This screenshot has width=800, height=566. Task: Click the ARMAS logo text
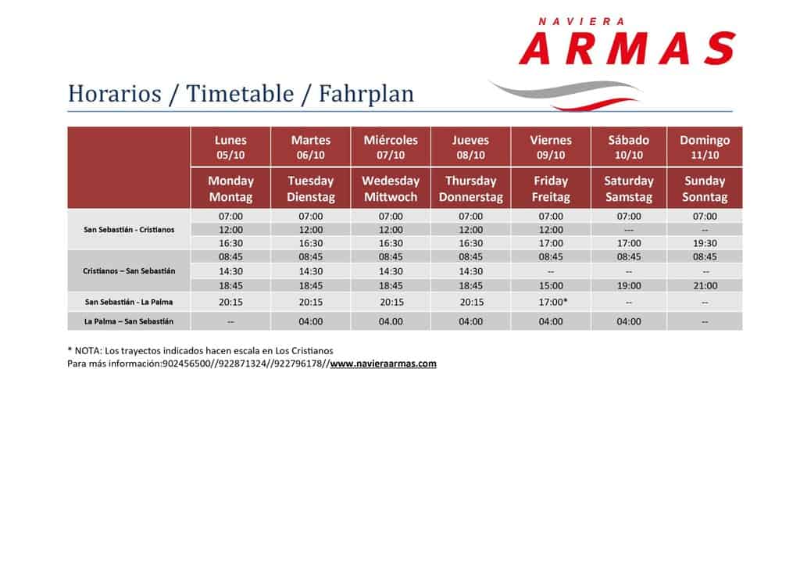pyautogui.click(x=627, y=48)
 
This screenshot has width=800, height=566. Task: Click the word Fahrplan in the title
pyautogui.click(x=366, y=94)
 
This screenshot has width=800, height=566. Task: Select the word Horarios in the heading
pyautogui.click(x=115, y=94)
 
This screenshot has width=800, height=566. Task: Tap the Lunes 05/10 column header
pyautogui.click(x=230, y=147)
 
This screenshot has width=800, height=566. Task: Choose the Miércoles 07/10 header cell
pyautogui.click(x=391, y=147)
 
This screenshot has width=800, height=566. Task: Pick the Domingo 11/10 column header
pyautogui.click(x=705, y=147)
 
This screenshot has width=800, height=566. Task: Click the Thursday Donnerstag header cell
pyautogui.click(x=471, y=188)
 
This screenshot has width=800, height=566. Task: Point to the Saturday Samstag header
pyautogui.click(x=629, y=188)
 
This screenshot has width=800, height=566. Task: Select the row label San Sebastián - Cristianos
pyautogui.click(x=129, y=230)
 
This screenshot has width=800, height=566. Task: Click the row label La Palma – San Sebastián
pyautogui.click(x=129, y=321)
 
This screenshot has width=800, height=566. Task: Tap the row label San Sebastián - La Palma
pyautogui.click(x=129, y=302)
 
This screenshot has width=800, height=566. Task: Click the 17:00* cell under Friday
pyautogui.click(x=553, y=302)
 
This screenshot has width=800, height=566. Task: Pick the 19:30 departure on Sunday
pyautogui.click(x=705, y=243)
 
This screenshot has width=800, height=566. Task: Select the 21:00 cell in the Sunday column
pyautogui.click(x=705, y=286)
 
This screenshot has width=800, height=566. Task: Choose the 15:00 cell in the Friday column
pyautogui.click(x=551, y=286)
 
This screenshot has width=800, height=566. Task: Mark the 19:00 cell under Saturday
pyautogui.click(x=629, y=286)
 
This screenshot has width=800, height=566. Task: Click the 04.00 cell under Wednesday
pyautogui.click(x=391, y=321)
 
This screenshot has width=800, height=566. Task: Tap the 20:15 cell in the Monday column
pyautogui.click(x=230, y=302)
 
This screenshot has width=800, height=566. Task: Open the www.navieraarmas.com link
pyautogui.click(x=383, y=364)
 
